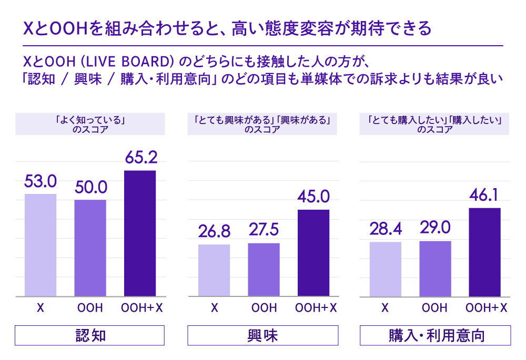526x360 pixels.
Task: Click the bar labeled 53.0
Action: [41, 245]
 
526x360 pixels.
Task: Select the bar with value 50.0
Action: [90, 248]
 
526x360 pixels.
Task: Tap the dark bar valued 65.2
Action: [140, 234]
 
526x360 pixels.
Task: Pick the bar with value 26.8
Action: [214, 271]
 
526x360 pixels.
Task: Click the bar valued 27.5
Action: [264, 270]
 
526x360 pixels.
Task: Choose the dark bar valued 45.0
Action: [313, 253]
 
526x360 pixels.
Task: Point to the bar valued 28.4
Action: [386, 270]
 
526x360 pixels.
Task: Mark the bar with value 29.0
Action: [435, 269]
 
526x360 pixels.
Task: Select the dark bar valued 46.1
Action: [484, 252]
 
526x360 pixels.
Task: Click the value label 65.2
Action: [140, 158]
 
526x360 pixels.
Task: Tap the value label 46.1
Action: [484, 196]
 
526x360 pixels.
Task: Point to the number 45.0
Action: [313, 198]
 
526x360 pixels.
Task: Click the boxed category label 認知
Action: [90, 335]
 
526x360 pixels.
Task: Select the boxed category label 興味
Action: [262, 335]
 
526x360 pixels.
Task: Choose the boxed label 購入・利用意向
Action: [435, 335]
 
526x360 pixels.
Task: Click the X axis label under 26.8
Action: [214, 308]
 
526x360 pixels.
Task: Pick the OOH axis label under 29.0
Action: [436, 308]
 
